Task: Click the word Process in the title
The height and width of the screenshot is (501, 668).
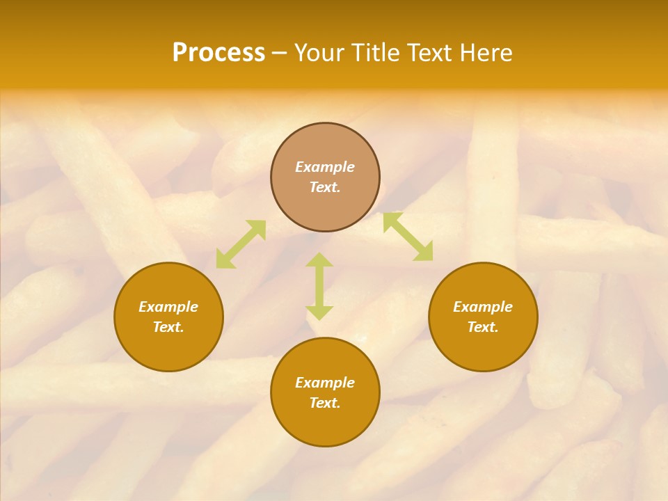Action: click(218, 53)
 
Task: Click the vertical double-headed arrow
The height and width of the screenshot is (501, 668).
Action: click(319, 286)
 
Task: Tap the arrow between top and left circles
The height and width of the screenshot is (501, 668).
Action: click(241, 244)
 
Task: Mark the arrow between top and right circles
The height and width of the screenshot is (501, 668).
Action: click(408, 237)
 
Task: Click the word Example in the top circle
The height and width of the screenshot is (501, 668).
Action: click(325, 167)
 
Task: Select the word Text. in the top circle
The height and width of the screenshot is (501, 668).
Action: click(325, 187)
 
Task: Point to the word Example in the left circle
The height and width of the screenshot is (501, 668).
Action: click(168, 307)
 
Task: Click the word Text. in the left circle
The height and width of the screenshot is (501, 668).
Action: click(168, 327)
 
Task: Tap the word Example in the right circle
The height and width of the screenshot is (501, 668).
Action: click(483, 307)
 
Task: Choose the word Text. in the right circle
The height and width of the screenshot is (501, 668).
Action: click(483, 327)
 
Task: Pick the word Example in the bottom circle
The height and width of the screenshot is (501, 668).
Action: click(325, 383)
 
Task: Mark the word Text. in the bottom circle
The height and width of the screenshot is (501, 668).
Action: click(325, 403)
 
